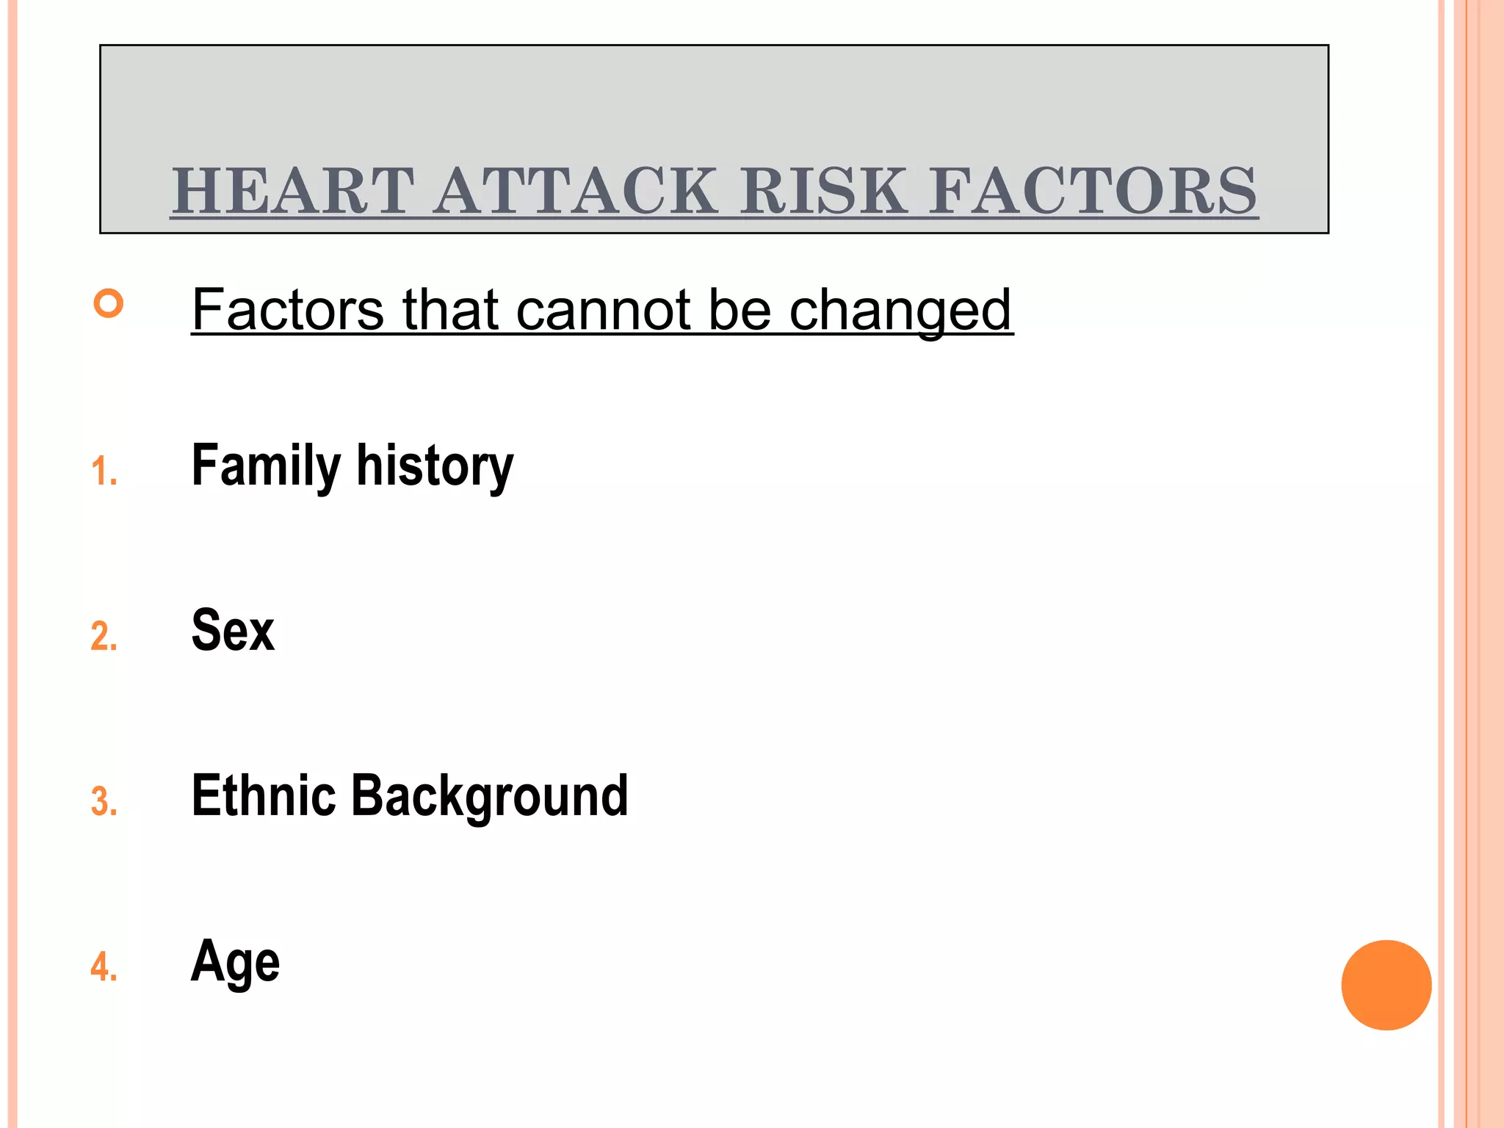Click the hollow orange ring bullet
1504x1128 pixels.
click(109, 303)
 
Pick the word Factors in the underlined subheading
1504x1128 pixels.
click(287, 310)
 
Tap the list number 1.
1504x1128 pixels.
click(104, 471)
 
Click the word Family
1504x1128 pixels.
click(266, 467)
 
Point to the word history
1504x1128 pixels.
click(435, 467)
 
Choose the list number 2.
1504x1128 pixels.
click(104, 636)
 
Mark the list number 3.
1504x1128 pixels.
click(104, 801)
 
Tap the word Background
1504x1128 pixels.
click(490, 797)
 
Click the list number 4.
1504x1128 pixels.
click(104, 966)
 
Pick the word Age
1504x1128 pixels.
click(235, 962)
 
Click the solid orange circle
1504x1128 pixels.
click(1386, 985)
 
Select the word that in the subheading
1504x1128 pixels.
click(450, 310)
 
